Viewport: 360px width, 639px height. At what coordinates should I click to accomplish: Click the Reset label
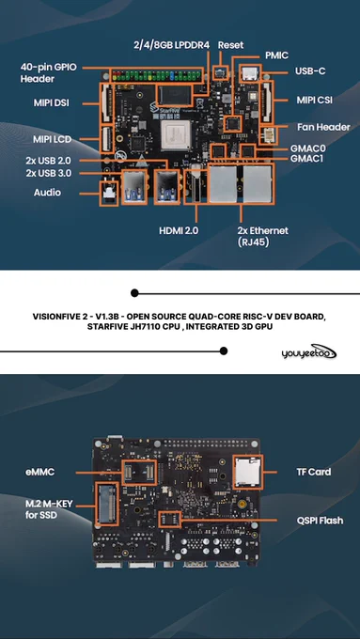point(230,45)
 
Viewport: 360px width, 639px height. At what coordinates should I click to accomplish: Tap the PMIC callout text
point(277,55)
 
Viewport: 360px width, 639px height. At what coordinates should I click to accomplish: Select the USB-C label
point(310,70)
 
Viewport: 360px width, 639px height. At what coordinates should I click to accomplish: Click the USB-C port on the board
point(249,73)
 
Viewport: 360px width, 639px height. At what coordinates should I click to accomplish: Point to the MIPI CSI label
point(314,101)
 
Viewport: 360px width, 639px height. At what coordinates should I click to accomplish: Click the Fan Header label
point(323,127)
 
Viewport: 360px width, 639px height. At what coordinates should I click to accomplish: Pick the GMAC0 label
point(307,148)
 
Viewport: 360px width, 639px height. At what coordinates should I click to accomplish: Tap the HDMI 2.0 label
point(179,230)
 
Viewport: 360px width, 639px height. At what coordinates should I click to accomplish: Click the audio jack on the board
point(109,194)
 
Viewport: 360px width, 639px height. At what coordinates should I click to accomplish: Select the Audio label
point(47,193)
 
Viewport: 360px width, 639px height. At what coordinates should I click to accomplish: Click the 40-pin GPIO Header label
point(48,73)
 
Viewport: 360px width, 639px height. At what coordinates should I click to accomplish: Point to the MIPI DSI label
point(52,103)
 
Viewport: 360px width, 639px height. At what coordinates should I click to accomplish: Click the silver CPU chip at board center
point(176,134)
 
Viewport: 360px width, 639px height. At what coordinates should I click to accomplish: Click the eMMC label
point(39,472)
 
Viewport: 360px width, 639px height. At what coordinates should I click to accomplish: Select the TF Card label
point(314,472)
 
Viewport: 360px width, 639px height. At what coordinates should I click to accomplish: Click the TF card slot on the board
point(247,472)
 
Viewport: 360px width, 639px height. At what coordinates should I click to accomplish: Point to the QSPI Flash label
point(320,521)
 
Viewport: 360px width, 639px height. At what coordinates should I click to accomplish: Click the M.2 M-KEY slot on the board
point(106,504)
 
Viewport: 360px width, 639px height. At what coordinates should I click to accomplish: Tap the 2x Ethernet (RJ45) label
point(262,237)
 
